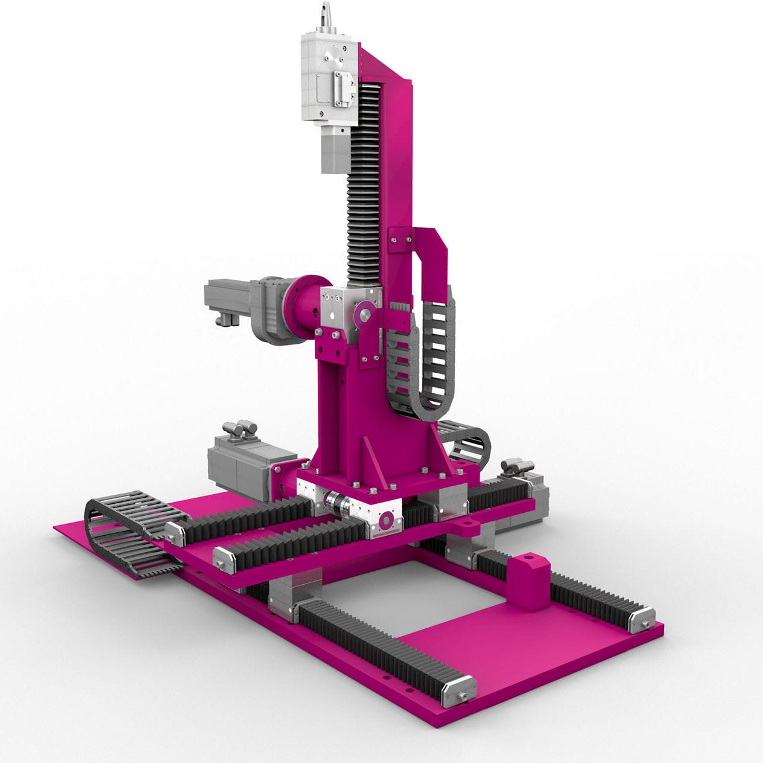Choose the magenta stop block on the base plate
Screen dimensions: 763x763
529,582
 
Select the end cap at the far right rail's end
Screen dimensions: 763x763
641,620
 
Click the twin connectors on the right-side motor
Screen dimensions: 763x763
517,466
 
